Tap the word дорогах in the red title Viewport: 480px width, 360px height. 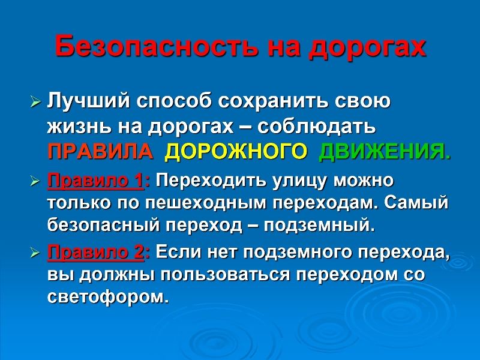367,47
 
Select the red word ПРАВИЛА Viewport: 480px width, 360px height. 100,151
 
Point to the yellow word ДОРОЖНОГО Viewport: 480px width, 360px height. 236,151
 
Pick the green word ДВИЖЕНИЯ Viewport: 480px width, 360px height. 385,151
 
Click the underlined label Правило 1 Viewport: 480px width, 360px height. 95,181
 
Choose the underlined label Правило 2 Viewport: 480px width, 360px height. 95,253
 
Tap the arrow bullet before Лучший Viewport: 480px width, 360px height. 35,101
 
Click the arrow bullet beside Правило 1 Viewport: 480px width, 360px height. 35,181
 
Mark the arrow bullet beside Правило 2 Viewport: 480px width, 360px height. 35,253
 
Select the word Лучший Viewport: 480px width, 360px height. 89,101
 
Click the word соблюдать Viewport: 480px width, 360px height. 316,127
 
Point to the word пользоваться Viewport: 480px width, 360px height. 225,275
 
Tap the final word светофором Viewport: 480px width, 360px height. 108,296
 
